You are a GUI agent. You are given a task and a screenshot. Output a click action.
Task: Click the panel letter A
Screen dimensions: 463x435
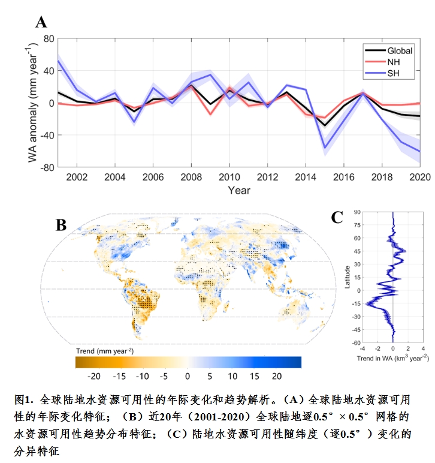(41, 23)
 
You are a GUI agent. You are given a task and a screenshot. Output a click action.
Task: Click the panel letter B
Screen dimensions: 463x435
(61, 226)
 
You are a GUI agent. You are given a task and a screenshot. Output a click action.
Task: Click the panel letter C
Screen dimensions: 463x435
(337, 217)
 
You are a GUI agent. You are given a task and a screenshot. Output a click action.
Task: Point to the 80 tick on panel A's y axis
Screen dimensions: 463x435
(47, 39)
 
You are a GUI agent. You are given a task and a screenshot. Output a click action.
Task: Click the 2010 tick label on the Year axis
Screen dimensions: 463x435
(229, 177)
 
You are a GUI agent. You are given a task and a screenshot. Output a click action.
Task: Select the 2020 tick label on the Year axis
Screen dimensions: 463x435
(419, 177)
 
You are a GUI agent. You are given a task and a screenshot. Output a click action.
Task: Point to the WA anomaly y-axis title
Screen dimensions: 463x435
(31, 103)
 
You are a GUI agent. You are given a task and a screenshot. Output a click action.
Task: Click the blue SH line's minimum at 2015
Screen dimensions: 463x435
(325, 147)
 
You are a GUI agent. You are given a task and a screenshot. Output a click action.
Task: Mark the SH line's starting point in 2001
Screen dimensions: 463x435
(58, 61)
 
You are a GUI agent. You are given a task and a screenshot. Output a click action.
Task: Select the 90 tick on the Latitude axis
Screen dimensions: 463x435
(357, 212)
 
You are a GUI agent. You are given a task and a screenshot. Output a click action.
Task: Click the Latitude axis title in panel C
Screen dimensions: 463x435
(347, 277)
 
